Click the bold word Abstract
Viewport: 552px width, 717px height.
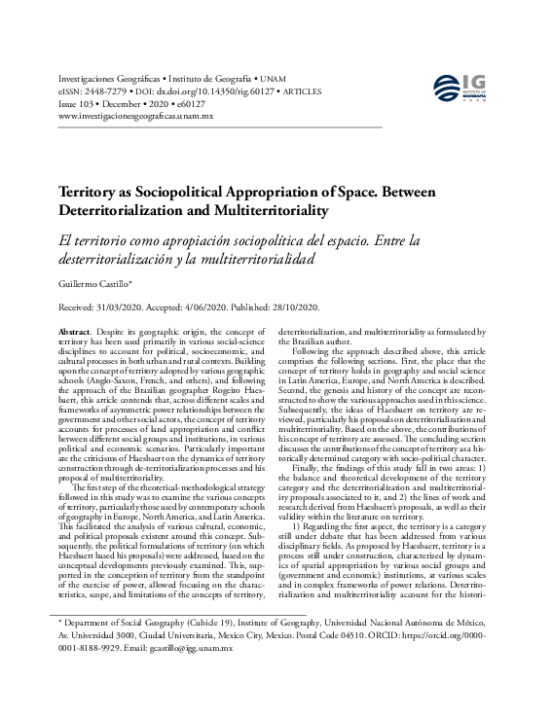coord(76,333)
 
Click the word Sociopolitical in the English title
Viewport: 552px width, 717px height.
coord(184,193)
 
